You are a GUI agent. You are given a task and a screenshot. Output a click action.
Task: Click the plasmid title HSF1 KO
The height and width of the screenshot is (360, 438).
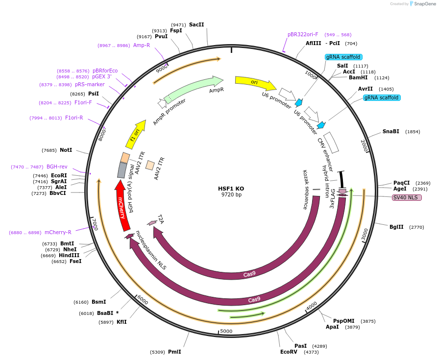point(231,188)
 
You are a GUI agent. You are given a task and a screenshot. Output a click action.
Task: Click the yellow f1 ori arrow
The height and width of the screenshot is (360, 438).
point(136,134)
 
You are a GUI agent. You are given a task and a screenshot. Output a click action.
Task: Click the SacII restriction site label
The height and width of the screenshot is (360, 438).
point(196,24)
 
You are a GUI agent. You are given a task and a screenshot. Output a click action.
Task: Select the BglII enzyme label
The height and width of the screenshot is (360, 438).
point(396,227)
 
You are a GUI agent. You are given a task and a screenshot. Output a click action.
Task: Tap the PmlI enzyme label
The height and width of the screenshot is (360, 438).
point(174,352)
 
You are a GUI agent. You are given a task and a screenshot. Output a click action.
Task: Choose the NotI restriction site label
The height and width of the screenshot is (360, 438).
point(66,150)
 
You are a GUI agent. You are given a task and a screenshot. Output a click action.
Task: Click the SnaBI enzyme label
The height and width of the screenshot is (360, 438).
point(390,131)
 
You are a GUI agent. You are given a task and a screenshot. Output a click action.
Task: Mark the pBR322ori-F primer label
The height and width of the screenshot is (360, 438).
point(303,34)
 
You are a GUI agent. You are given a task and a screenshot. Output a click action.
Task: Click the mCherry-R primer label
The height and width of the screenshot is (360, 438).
point(58,232)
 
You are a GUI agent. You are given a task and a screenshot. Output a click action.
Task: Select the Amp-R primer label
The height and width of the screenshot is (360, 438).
point(142,45)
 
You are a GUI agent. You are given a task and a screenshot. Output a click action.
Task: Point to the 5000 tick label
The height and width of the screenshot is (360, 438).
point(226,331)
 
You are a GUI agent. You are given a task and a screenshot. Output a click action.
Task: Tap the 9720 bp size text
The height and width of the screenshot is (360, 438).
point(231,195)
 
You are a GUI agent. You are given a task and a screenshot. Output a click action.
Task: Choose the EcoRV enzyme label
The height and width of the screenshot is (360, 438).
point(289,352)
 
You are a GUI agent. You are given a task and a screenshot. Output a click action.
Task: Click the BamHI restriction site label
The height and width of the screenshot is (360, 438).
point(359,77)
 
